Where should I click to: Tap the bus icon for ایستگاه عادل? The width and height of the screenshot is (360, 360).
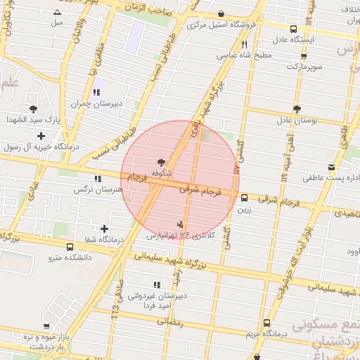[293, 30]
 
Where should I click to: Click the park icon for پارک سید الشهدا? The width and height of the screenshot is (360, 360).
[33, 108]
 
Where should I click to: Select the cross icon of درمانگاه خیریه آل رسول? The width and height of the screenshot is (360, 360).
[41, 136]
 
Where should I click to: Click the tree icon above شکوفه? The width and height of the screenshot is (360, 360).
[162, 162]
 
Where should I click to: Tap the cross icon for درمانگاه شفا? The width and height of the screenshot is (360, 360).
[104, 229]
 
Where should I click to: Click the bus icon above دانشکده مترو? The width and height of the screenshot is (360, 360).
[70, 247]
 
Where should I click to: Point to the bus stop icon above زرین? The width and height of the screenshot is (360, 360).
[244, 198]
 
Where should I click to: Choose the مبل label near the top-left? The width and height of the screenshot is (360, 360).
[57, 22]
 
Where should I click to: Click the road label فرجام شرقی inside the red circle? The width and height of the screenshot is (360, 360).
[200, 190]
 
